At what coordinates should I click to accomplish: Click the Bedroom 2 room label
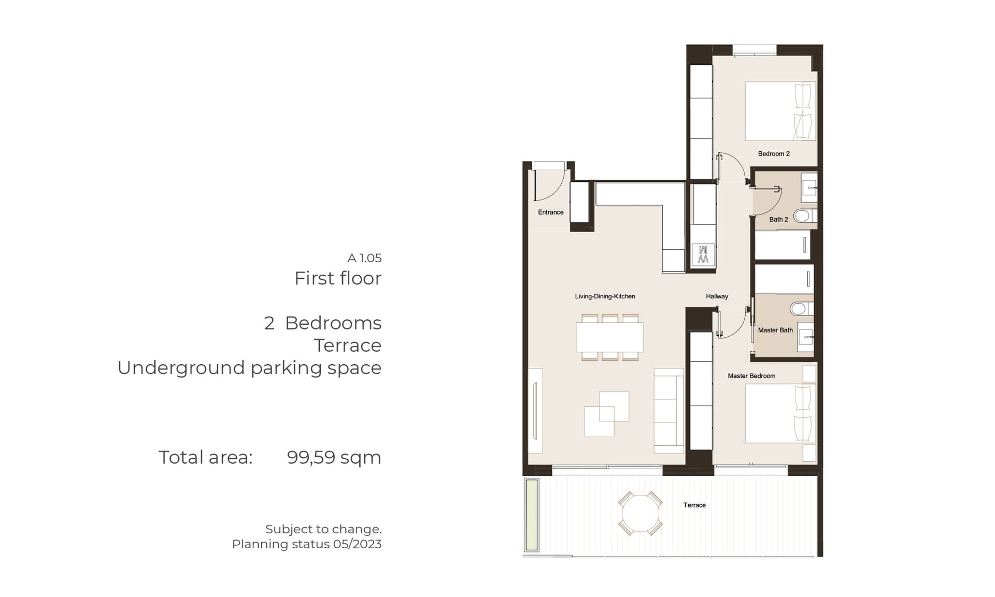(x=774, y=154)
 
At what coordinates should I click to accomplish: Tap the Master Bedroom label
(x=751, y=376)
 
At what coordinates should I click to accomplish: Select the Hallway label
(x=717, y=296)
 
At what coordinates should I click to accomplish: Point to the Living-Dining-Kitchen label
(x=605, y=296)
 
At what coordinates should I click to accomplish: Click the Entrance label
(x=550, y=212)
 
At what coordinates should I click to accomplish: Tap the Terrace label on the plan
(x=694, y=505)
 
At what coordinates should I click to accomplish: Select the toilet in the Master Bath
(x=801, y=309)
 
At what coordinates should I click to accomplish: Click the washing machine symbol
(x=703, y=255)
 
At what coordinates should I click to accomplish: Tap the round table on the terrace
(x=641, y=514)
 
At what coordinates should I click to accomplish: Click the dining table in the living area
(x=610, y=337)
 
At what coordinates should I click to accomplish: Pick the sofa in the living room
(x=669, y=411)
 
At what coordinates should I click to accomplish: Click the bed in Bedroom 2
(x=781, y=111)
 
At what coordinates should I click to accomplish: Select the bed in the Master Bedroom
(x=781, y=414)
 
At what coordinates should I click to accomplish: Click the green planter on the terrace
(x=532, y=515)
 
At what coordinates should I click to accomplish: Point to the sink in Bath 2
(x=809, y=187)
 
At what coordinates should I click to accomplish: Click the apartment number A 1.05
(x=364, y=258)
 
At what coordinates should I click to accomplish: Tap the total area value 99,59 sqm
(x=334, y=458)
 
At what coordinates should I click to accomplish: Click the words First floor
(x=338, y=278)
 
